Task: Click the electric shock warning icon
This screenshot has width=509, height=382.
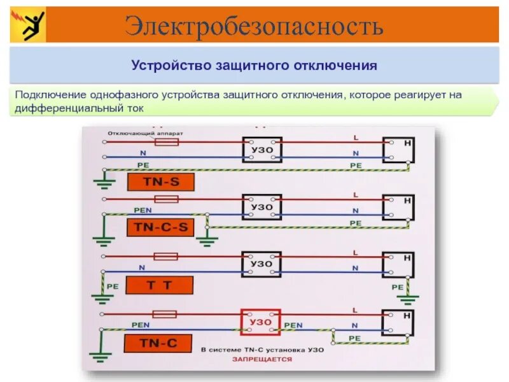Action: click(x=29, y=26)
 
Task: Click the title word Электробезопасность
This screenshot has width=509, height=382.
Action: click(x=254, y=26)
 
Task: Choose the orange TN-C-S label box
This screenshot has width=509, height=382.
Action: click(x=161, y=227)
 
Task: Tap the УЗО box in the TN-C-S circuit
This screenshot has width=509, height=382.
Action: click(x=261, y=207)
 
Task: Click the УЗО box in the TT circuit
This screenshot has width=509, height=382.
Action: click(x=261, y=264)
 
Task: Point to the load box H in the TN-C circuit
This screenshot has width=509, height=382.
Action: click(x=398, y=322)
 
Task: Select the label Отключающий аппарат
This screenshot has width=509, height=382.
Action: click(x=145, y=134)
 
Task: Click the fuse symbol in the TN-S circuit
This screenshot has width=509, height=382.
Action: click(x=167, y=143)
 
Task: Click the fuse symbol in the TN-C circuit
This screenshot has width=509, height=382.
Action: click(x=165, y=315)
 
